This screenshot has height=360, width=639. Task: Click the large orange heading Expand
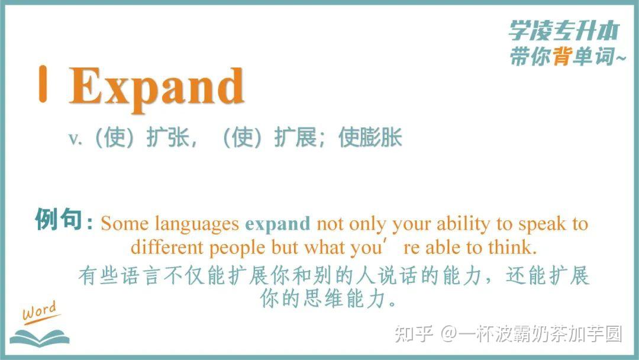tap(157, 87)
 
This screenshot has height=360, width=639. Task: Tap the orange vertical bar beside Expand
tap(43, 83)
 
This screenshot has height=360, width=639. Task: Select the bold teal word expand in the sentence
tap(277, 224)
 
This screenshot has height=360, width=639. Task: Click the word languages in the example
tap(197, 224)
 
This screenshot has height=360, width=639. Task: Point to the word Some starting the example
tap(125, 224)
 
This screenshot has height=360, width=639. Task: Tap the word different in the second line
tap(167, 247)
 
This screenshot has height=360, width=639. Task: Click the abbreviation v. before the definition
tap(75, 139)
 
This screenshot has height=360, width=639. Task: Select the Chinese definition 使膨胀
tap(370, 137)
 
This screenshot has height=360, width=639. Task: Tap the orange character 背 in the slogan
tap(563, 56)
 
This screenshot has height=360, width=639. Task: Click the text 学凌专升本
tap(564, 30)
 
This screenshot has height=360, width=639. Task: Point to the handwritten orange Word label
tap(40, 312)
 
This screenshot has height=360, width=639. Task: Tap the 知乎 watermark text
tap(414, 334)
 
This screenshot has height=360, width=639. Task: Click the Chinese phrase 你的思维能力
tap(328, 299)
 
